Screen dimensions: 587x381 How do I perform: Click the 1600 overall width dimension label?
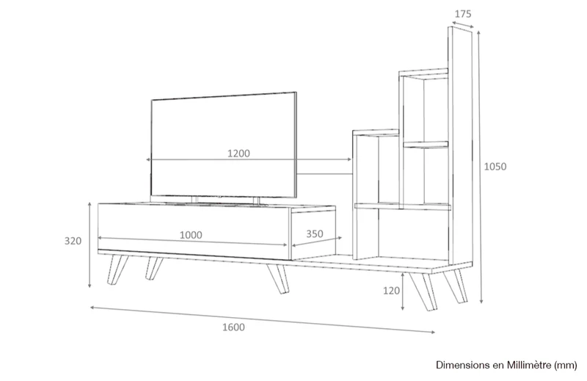pos(233,327)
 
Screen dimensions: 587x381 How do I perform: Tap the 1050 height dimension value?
pos(495,167)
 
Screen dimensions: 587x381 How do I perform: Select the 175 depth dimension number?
pos(463,14)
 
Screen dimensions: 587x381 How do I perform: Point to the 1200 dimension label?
pos(238,153)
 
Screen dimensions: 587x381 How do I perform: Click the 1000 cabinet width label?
pos(191,235)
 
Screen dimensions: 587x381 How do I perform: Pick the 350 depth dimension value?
pos(315,233)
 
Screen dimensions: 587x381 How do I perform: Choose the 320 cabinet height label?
pos(73,241)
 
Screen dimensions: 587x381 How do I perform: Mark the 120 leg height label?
pos(391,291)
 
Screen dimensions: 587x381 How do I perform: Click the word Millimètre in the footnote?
pos(529,365)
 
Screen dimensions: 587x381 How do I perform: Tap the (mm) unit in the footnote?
pos(565,365)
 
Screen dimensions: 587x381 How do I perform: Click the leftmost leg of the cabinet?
pos(117,269)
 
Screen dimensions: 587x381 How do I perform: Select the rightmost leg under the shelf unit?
pos(456,286)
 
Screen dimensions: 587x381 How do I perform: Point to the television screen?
pos(224,145)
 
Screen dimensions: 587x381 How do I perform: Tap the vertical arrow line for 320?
pos(90,245)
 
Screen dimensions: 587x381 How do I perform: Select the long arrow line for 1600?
pos(263,319)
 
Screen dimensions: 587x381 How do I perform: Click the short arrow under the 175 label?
pos(463,24)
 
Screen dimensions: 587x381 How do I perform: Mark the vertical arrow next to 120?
pos(402,292)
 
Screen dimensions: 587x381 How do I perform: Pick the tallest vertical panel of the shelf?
pos(460,145)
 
